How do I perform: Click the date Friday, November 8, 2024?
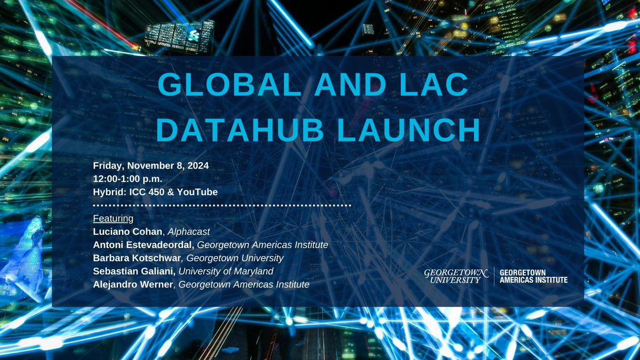point(150,165)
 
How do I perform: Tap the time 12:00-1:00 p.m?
point(127,179)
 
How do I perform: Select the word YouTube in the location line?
point(196,191)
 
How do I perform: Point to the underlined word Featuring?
point(113,218)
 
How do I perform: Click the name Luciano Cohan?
point(125,231)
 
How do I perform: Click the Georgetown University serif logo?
point(455,276)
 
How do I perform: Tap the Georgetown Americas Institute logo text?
point(533,276)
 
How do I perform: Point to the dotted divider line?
point(222,205)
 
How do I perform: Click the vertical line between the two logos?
point(493,276)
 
